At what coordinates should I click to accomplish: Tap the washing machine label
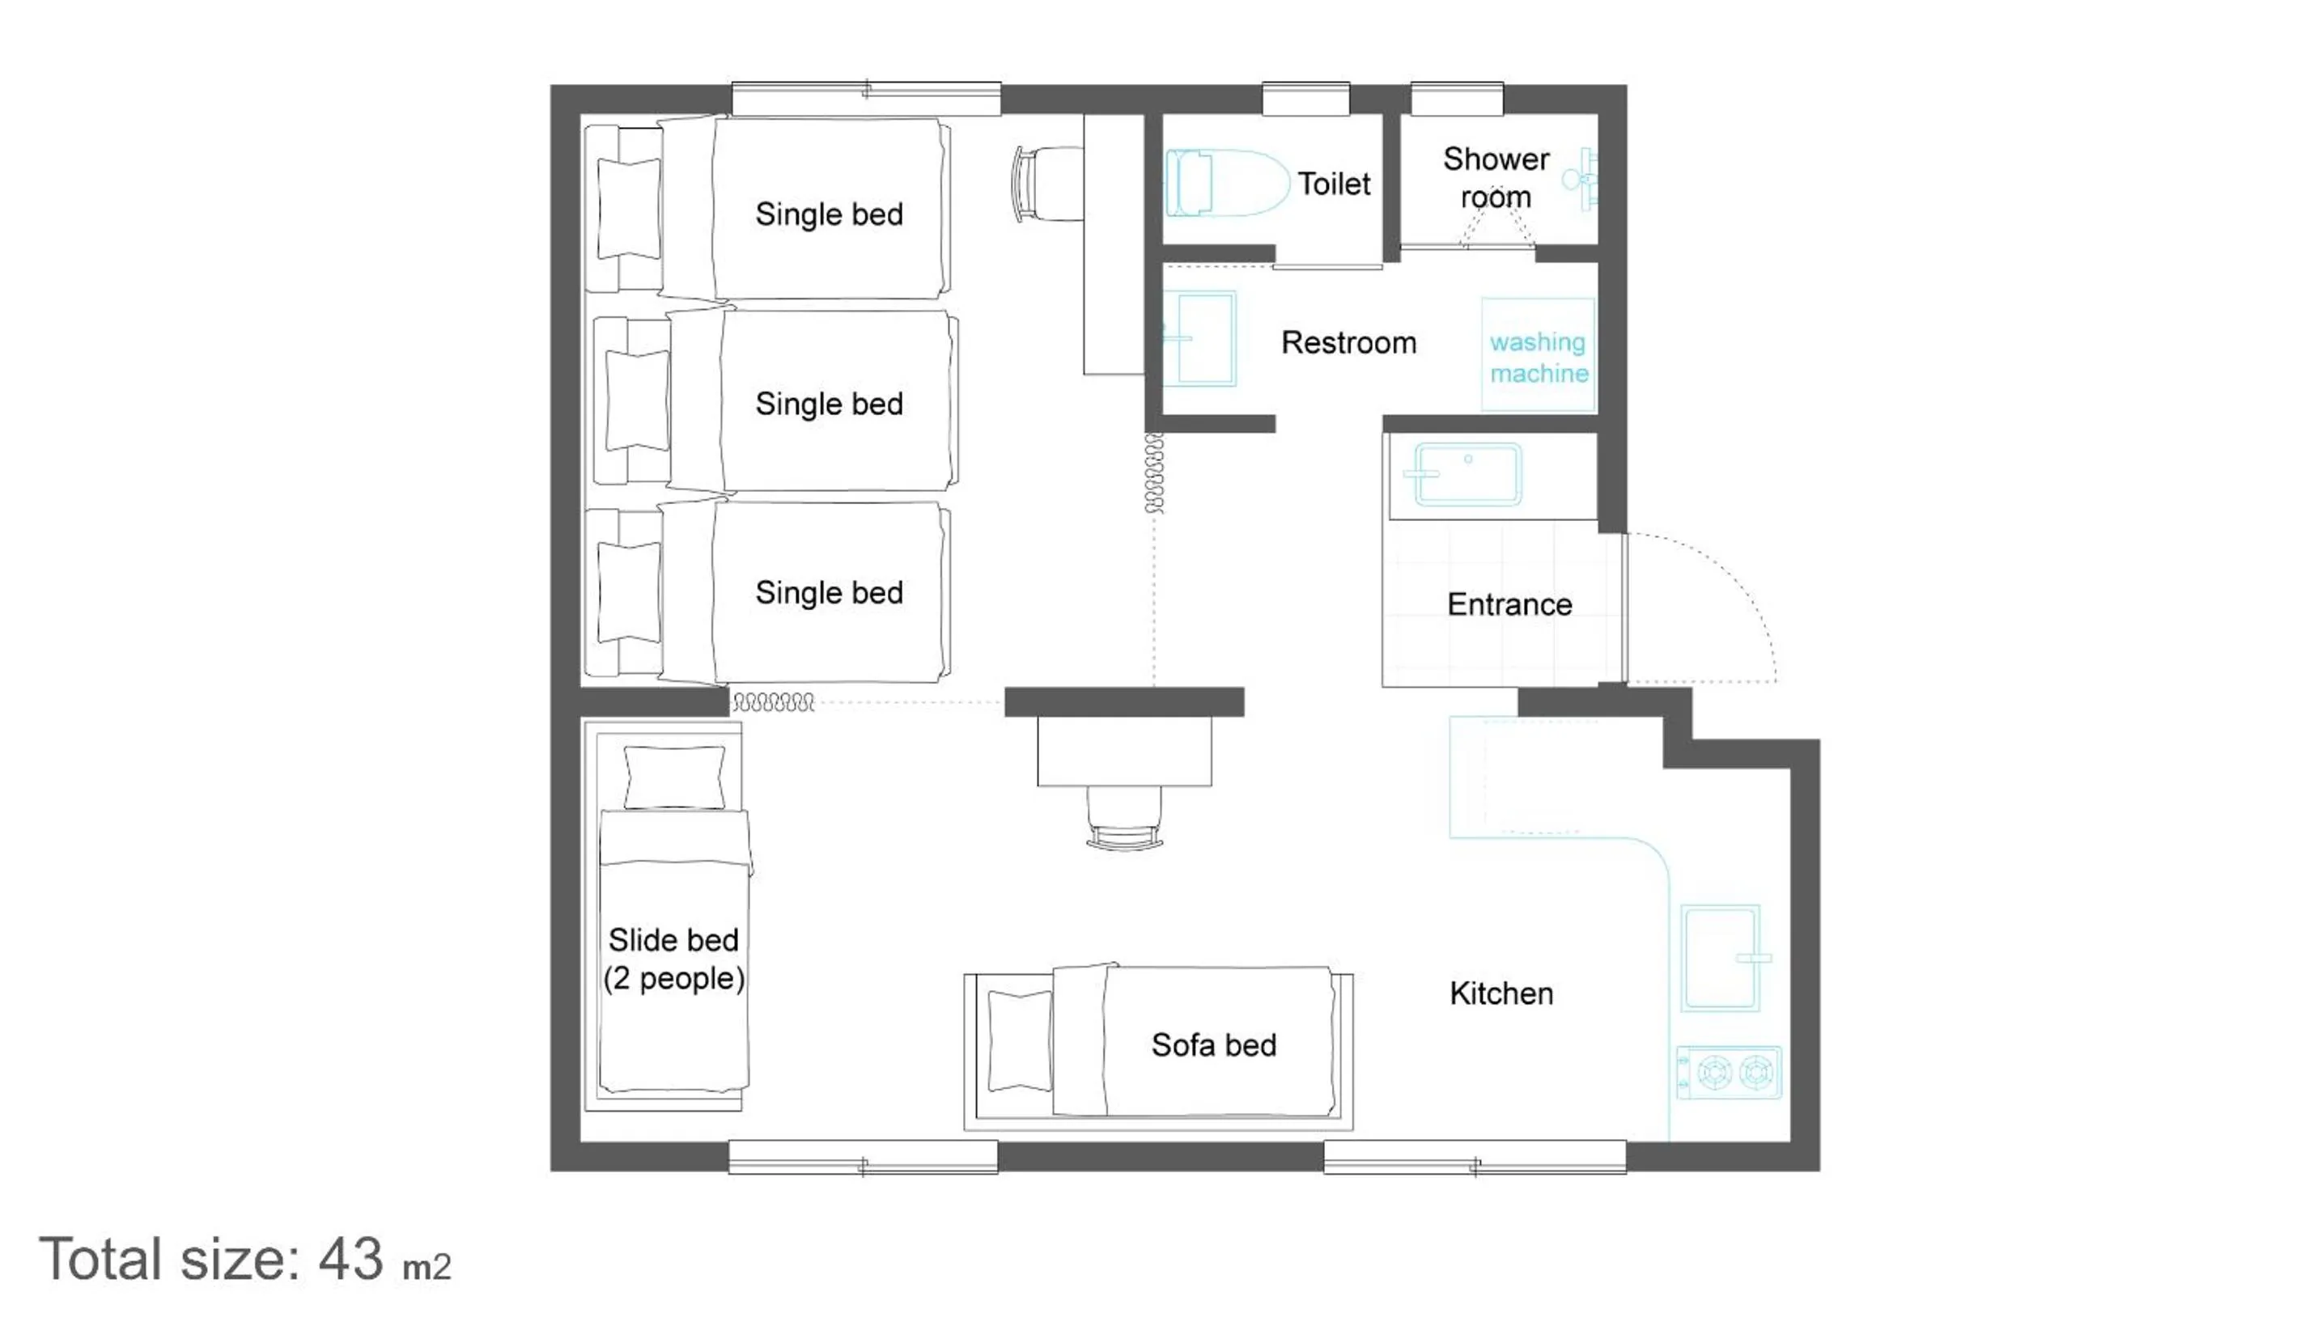pyautogui.click(x=1538, y=357)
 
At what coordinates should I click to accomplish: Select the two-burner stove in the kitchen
pyautogui.click(x=1728, y=1073)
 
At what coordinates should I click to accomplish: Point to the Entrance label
pyautogui.click(x=1509, y=604)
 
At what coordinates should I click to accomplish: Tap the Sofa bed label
pyautogui.click(x=1212, y=1045)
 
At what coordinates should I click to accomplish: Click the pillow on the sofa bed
pyautogui.click(x=1019, y=1042)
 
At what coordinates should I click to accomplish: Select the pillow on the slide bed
pyautogui.click(x=674, y=777)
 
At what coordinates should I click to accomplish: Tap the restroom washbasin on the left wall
pyautogui.click(x=1201, y=339)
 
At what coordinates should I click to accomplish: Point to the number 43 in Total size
pyautogui.click(x=350, y=1260)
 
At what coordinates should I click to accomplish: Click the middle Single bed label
pyautogui.click(x=829, y=404)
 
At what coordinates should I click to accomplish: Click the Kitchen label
pyautogui.click(x=1501, y=993)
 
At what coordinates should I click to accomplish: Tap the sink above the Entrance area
pyautogui.click(x=1467, y=474)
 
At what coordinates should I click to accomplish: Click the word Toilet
pyautogui.click(x=1333, y=184)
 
